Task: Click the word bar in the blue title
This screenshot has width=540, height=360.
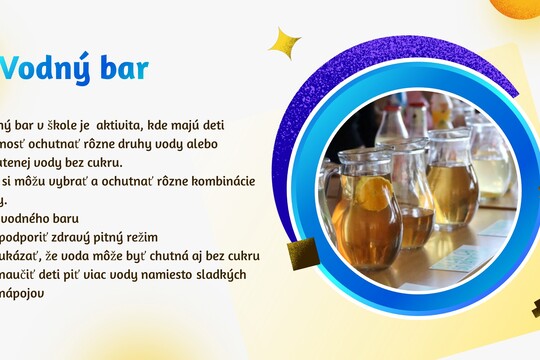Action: pyautogui.click(x=123, y=68)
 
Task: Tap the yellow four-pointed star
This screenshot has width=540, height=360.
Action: pyautogui.click(x=285, y=43)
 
